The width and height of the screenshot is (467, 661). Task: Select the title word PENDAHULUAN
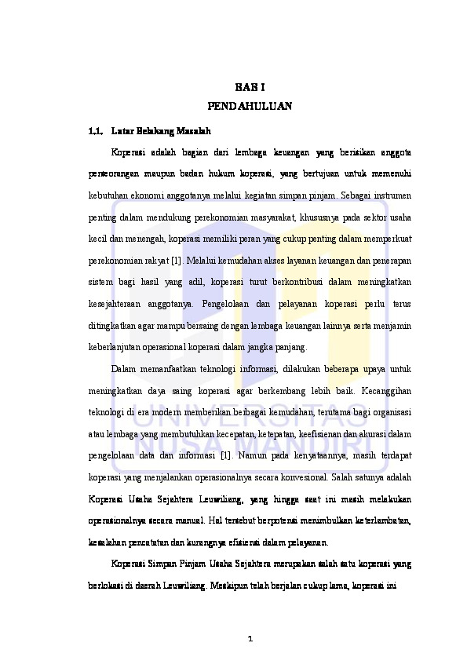(x=250, y=105)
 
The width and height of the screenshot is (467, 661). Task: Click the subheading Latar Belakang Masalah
(x=161, y=130)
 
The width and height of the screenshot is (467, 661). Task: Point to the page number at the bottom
(x=250, y=637)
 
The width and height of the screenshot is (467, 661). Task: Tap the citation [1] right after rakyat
(x=178, y=257)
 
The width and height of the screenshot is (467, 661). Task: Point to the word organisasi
(x=391, y=411)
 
